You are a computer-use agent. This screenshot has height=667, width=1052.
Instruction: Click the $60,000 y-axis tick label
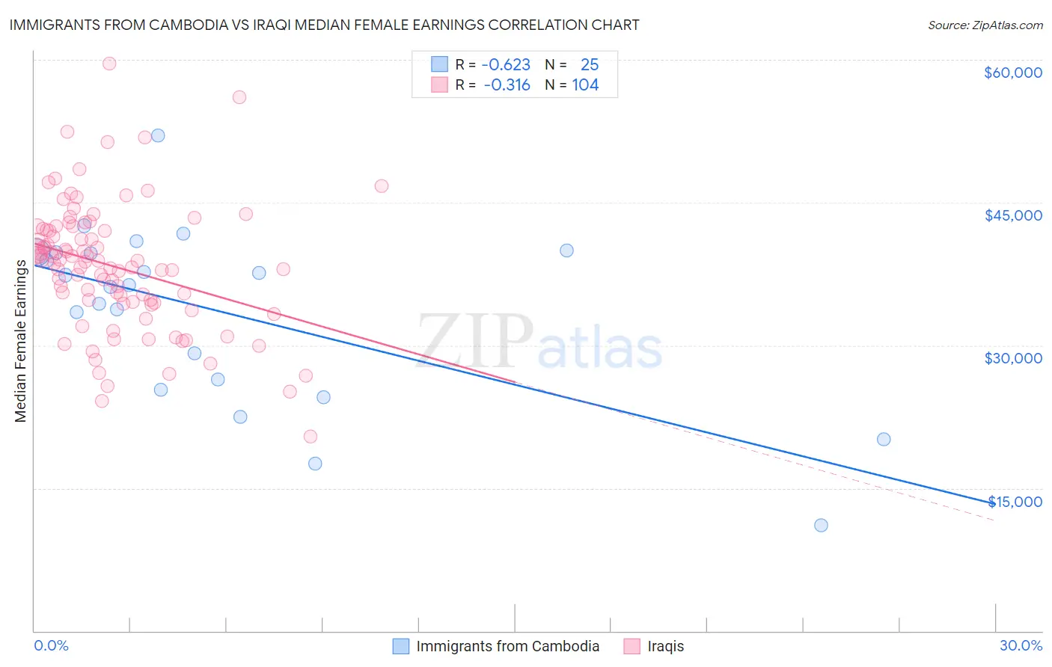click(x=1012, y=73)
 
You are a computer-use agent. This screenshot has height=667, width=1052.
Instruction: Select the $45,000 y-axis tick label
click(x=1012, y=215)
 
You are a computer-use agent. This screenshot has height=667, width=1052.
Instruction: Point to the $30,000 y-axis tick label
click(x=1012, y=358)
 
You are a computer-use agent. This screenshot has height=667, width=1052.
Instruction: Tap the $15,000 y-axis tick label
click(x=1015, y=502)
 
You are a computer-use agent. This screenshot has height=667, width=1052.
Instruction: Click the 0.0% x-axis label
click(x=51, y=645)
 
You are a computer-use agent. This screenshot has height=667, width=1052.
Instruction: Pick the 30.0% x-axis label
click(x=1021, y=645)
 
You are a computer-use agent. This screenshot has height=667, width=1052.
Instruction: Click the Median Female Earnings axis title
click(x=21, y=341)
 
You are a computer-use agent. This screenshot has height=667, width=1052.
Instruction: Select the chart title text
click(x=324, y=25)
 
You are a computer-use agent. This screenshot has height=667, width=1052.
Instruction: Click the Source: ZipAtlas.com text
click(x=985, y=25)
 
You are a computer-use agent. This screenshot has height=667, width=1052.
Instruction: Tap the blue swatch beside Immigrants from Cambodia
click(x=401, y=646)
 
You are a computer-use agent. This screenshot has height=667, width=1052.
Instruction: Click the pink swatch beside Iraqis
click(x=632, y=646)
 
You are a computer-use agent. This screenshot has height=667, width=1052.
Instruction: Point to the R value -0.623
click(x=506, y=65)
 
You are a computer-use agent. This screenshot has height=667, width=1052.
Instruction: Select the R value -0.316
click(x=507, y=85)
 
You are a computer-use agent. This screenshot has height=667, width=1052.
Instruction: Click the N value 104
click(x=585, y=85)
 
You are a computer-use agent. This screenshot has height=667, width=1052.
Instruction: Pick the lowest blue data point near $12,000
click(x=821, y=525)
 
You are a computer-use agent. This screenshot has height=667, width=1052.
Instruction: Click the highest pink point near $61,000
click(x=109, y=64)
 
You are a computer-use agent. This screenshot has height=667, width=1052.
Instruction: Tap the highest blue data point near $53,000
click(x=158, y=135)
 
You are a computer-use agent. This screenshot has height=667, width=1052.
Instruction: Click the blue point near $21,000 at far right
click(x=884, y=439)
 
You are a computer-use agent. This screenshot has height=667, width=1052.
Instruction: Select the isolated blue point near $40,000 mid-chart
click(x=566, y=250)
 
